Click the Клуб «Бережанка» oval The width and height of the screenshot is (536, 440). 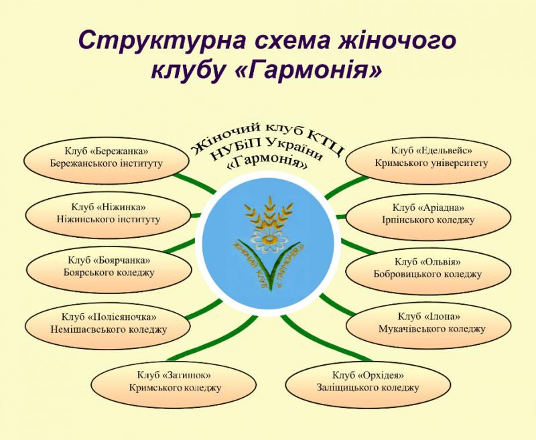click(x=107, y=160)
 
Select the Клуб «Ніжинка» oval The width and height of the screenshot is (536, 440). click(x=108, y=214)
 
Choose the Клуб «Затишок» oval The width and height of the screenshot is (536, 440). click(x=174, y=384)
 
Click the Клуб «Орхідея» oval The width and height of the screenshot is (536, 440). click(x=368, y=384)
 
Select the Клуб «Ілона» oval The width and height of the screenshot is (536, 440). click(x=429, y=325)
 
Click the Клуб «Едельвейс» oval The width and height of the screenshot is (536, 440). click(x=428, y=159)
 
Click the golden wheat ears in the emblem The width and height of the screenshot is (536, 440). click(x=269, y=214)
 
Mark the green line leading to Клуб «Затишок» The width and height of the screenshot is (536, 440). click(x=212, y=338)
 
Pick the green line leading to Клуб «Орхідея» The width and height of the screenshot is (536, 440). click(x=325, y=338)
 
